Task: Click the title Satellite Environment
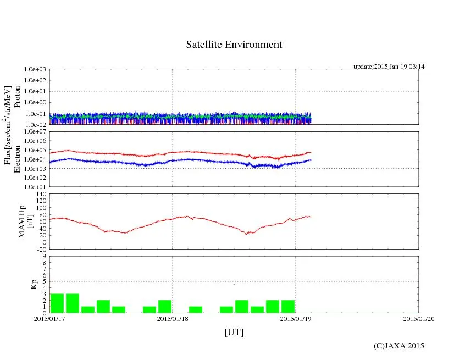coord(234,45)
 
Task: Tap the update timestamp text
coord(389,67)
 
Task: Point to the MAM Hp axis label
coord(22,218)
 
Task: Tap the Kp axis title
coord(34,284)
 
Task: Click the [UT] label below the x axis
coord(234,332)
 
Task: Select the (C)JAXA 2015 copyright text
coord(398,346)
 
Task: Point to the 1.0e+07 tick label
coord(36,132)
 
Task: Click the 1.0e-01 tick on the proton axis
coord(36,114)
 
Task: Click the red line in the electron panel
coord(110,153)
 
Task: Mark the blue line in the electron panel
coord(110,162)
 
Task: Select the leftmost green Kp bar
coord(57,303)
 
